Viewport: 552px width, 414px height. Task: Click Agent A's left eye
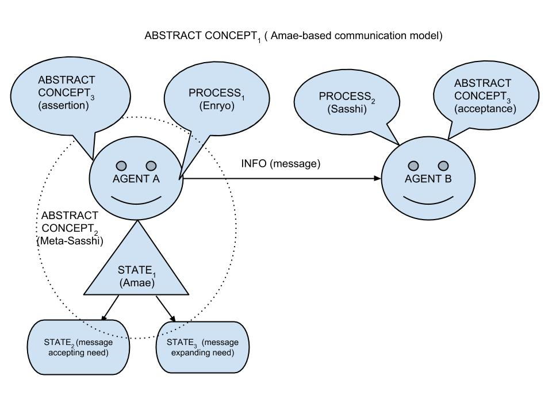(x=121, y=166)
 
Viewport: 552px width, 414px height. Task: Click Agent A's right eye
(x=151, y=166)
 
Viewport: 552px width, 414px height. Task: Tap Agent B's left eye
(x=413, y=166)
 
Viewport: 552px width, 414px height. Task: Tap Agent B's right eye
(x=443, y=166)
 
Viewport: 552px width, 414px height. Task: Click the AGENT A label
(x=136, y=179)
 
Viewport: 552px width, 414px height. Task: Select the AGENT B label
(x=428, y=179)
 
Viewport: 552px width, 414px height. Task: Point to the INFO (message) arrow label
(x=280, y=164)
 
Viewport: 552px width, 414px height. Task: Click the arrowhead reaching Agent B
(x=378, y=179)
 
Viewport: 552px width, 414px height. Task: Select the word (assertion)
(x=63, y=106)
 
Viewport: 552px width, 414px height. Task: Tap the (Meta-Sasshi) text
(x=70, y=241)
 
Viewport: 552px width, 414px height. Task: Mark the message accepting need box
(x=76, y=347)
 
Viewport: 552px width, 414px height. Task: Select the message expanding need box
(x=203, y=347)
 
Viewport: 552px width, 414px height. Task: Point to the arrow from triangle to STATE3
(x=166, y=309)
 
